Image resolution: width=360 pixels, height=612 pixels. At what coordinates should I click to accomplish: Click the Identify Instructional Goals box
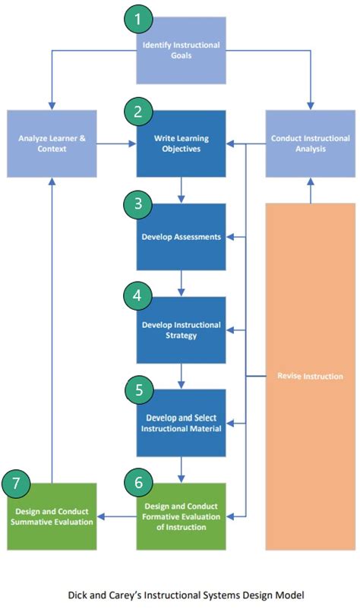point(182,50)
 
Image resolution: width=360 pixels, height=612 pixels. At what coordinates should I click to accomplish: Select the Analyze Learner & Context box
point(52,144)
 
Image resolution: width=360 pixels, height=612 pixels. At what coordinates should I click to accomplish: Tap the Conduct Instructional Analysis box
point(310,144)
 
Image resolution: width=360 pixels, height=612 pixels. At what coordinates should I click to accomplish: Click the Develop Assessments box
point(182,237)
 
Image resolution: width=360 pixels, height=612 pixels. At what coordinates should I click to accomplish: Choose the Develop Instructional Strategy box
point(182,330)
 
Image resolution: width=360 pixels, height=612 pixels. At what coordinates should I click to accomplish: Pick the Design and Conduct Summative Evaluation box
point(52,516)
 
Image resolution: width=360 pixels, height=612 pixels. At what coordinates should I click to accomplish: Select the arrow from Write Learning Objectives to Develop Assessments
point(182,190)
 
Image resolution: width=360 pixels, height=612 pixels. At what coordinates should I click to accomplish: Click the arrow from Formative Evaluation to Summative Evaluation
point(118,517)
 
